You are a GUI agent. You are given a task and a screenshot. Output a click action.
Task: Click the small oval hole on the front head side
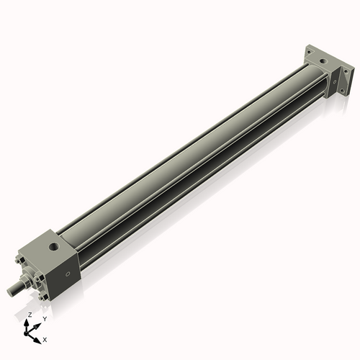68,274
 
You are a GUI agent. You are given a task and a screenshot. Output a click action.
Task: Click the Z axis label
29,315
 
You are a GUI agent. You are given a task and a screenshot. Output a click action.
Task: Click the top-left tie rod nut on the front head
20,256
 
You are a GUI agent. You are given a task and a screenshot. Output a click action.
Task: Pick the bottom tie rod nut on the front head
45,296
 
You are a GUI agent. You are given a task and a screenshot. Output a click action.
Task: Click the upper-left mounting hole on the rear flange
309,53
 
